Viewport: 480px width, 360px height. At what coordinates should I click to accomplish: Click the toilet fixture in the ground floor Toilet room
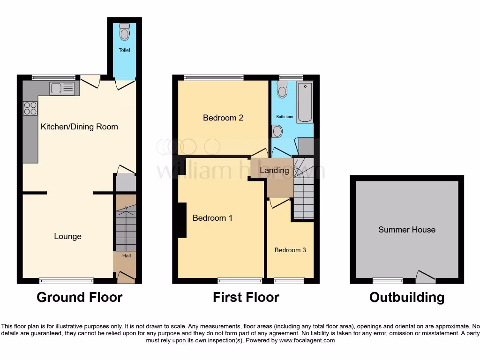pos(124,32)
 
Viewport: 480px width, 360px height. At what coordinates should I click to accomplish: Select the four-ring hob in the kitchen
pos(30,108)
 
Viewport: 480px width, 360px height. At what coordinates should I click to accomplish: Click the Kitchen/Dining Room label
pos(79,127)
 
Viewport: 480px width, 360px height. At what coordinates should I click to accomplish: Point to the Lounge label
pos(67,236)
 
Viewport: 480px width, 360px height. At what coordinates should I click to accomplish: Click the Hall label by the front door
pos(127,256)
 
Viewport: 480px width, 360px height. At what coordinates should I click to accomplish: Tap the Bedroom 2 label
pos(223,118)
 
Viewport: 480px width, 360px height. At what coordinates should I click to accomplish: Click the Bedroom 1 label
pos(212,218)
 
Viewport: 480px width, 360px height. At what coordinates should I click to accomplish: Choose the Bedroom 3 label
pos(290,250)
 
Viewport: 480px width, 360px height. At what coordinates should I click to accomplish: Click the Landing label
pos(274,170)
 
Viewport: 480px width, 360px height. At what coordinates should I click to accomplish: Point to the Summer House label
pos(407,230)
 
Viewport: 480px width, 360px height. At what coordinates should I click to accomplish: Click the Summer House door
pos(425,278)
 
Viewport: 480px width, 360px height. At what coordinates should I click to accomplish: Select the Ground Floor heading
pos(79,297)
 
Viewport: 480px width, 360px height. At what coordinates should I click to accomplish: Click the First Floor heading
pos(246,297)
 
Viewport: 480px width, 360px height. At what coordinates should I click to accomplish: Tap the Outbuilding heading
pos(407,297)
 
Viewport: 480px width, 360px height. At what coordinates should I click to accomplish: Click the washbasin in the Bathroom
pos(277,131)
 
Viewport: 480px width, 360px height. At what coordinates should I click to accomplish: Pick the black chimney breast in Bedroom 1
pos(182,220)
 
